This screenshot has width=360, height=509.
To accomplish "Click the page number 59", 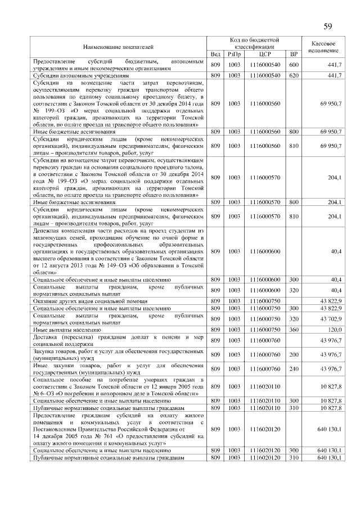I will [x=327, y=27].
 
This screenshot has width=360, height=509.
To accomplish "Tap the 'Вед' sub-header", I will [x=215, y=54].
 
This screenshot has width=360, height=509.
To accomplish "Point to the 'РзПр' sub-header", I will [x=233, y=54].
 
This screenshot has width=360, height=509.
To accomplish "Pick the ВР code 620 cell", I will [x=293, y=75].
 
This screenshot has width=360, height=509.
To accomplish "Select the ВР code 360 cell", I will [x=293, y=330].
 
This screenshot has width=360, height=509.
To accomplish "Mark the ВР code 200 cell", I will [x=293, y=354].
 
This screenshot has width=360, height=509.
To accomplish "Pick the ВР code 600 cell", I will [x=293, y=65].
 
